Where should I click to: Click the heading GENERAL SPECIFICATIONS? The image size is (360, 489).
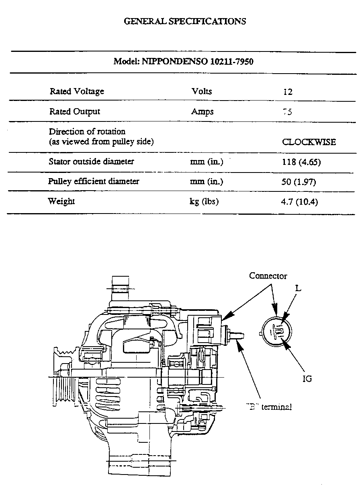pyautogui.click(x=185, y=21)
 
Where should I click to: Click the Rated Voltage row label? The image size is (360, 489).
pyautogui.click(x=77, y=91)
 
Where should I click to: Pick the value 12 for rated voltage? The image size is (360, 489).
pyautogui.click(x=288, y=92)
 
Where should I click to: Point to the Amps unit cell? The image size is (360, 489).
pyautogui.click(x=202, y=112)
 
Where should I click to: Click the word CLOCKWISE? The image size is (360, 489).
pyautogui.click(x=309, y=142)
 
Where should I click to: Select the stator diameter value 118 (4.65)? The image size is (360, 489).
pyautogui.click(x=301, y=162)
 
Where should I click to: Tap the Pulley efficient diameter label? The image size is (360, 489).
pyautogui.click(x=94, y=181)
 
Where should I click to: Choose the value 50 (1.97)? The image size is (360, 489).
pyautogui.click(x=299, y=182)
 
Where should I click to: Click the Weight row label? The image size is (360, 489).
pyautogui.click(x=61, y=201)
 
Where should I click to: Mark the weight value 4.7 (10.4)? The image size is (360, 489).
pyautogui.click(x=299, y=202)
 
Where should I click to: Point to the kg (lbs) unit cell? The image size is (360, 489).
pyautogui.click(x=204, y=201)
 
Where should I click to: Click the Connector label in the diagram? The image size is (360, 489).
pyautogui.click(x=268, y=276)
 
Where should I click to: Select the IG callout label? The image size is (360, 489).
pyautogui.click(x=307, y=378)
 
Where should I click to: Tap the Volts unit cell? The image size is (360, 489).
pyautogui.click(x=202, y=91)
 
